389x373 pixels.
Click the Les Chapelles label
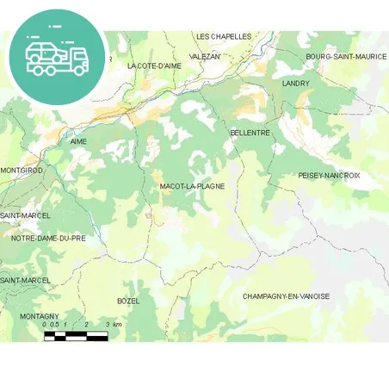pyautogui.click(x=224, y=36)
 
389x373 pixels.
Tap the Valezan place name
pyautogui.click(x=204, y=56)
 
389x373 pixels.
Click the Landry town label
pyautogui.click(x=295, y=84)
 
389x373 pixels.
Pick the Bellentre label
pyautogui.click(x=250, y=133)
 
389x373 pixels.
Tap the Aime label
pyautogui.click(x=78, y=141)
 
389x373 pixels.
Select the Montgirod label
pyautogui.click(x=22, y=171)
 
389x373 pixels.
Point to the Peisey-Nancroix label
pyautogui.click(x=329, y=175)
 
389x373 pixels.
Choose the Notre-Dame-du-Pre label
pyautogui.click(x=48, y=238)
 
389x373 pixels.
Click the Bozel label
pyautogui.click(x=128, y=301)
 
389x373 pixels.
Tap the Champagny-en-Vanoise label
pyautogui.click(x=286, y=296)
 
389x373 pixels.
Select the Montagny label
pyautogui.click(x=39, y=316)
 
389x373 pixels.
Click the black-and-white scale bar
pyautogui.click(x=76, y=335)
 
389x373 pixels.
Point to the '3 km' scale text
pyautogui.click(x=114, y=325)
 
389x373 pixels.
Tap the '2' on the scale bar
pyautogui.click(x=86, y=325)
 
